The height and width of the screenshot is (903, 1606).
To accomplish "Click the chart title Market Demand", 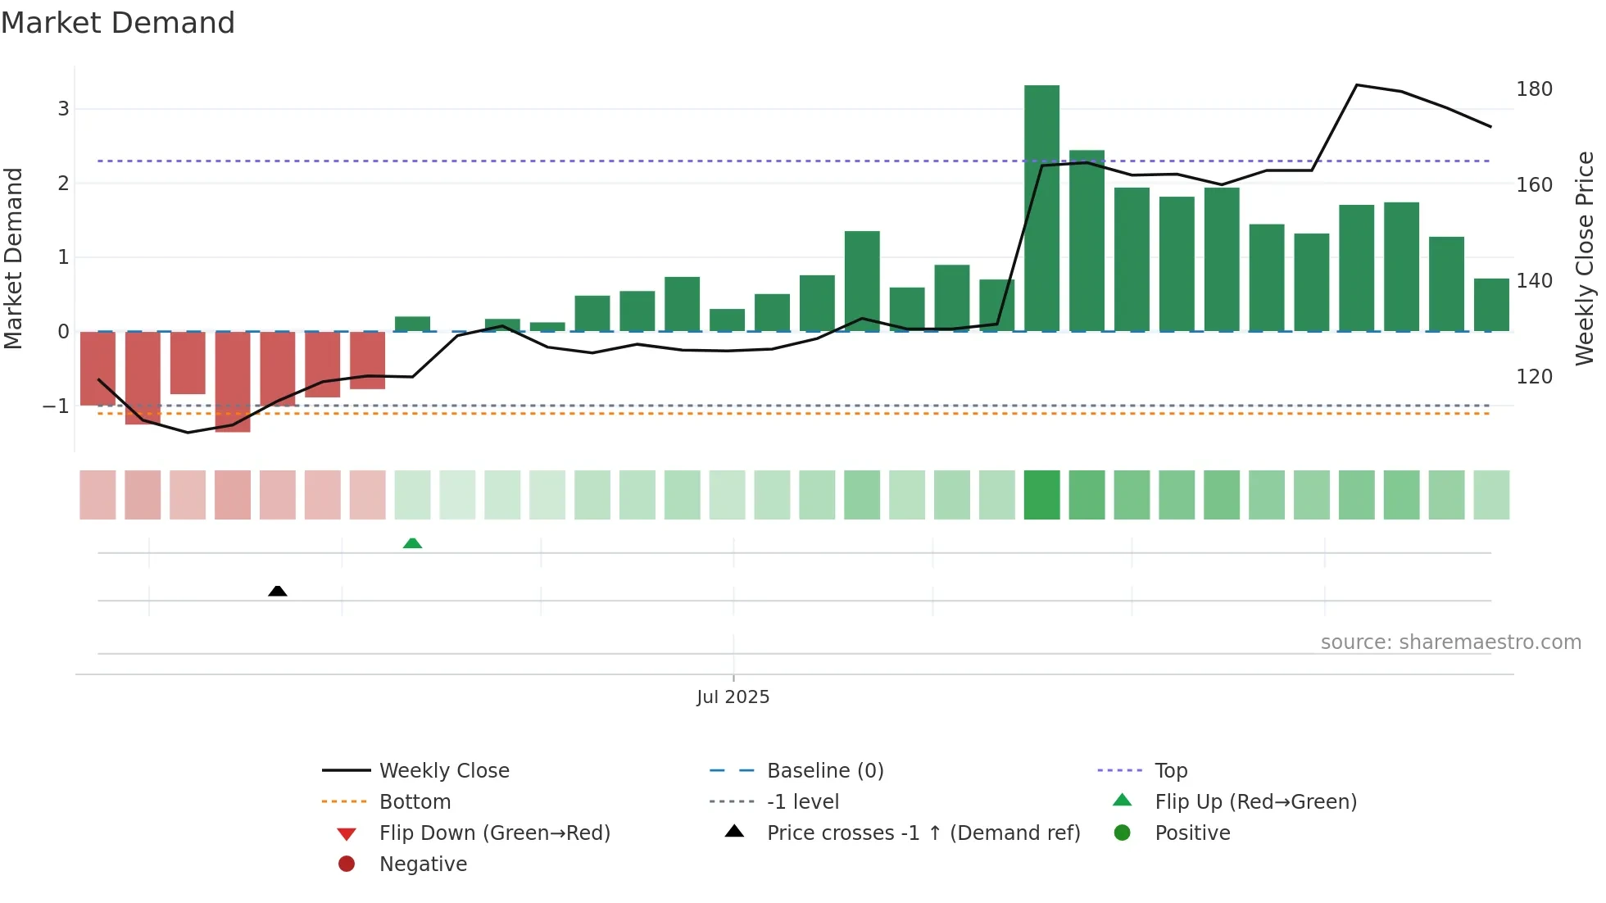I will pos(118,23).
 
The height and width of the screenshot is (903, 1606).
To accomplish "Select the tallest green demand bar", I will pos(1041,208).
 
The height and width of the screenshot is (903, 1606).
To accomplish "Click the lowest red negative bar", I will pos(233,382).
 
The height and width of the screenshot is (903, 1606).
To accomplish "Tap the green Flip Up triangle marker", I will pos(412,543).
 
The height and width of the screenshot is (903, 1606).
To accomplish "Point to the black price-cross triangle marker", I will pos(278,591).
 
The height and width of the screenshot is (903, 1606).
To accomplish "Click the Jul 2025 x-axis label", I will pos(733,697).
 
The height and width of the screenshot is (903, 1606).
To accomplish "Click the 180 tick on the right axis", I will pos(1534,89).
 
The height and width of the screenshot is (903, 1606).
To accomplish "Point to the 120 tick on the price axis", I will pos(1534,377).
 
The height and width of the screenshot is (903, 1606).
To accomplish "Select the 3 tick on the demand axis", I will pos(63,109).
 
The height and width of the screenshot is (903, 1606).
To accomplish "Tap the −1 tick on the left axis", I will pos(57,406).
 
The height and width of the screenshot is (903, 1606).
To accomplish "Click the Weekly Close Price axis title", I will pos(1585,258).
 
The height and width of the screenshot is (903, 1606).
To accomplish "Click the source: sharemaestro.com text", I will pos(1450,642).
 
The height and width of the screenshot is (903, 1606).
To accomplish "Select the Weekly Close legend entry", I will pos(443,771).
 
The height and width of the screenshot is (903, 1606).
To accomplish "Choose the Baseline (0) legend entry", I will pos(824,771).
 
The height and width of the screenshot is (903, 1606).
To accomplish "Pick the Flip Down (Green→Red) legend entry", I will pos(494,833).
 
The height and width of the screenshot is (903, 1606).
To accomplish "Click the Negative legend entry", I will pos(423,864).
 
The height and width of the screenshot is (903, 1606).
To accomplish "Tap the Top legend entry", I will pos(1170,771).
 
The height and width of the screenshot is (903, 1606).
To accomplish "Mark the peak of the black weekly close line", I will pos(1357,85).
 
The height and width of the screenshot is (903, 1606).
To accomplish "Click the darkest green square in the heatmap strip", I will pos(1041,495).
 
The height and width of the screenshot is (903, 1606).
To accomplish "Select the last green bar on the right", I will pos(1491,305).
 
